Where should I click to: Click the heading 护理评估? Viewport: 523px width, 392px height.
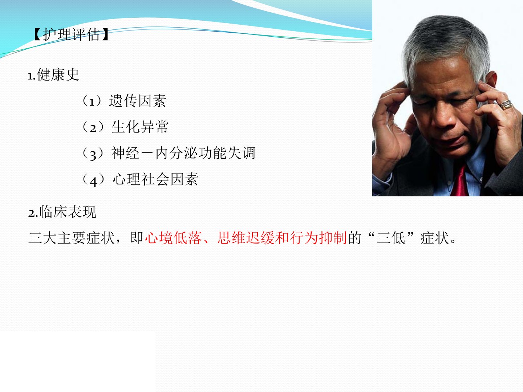(71, 35)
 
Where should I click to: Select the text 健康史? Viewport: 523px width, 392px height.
(58, 75)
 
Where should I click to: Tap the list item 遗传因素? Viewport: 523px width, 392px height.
(138, 101)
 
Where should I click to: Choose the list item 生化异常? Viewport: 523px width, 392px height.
(140, 127)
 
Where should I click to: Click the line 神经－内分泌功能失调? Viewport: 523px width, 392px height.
(183, 153)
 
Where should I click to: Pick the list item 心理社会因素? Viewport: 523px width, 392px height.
(155, 179)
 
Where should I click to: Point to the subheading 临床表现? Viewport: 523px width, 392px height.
(68, 212)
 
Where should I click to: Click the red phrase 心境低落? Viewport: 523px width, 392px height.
(174, 238)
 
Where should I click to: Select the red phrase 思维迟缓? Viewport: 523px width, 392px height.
(246, 238)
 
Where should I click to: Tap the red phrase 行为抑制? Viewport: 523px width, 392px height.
(318, 238)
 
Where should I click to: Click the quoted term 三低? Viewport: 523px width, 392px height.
(391, 238)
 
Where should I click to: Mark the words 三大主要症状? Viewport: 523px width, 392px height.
(72, 238)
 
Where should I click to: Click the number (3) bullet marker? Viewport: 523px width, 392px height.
(93, 154)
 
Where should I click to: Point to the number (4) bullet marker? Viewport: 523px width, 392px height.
(93, 180)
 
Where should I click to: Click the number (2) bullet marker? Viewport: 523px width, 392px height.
(93, 127)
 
